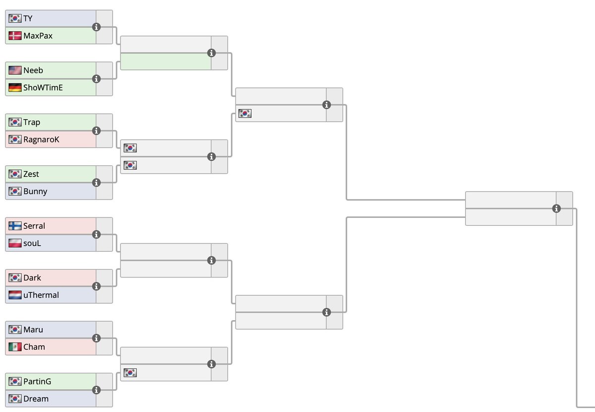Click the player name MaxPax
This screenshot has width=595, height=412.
[38, 36]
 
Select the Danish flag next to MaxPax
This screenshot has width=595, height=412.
[15, 36]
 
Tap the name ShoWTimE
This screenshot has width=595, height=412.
[43, 88]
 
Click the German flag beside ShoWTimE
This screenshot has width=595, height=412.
[15, 88]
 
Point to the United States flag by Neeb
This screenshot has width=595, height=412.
[15, 70]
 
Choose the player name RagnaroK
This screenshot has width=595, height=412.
[41, 139]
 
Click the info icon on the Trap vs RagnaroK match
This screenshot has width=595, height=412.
[96, 131]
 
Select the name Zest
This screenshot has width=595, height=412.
[31, 174]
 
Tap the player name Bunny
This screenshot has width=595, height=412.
[35, 192]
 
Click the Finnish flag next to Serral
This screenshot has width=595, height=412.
[15, 226]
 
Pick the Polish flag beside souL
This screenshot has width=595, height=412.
[15, 243]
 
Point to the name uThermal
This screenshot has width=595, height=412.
[41, 295]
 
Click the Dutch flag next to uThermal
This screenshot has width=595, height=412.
[15, 295]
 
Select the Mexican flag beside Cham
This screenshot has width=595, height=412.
[15, 347]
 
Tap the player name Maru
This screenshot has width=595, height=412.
[33, 330]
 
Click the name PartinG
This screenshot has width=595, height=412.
[37, 382]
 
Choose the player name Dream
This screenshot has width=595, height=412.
[36, 399]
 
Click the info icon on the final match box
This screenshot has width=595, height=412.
[557, 208]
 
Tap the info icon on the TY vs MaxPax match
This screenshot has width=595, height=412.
[96, 27]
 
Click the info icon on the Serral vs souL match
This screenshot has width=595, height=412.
[96, 234]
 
